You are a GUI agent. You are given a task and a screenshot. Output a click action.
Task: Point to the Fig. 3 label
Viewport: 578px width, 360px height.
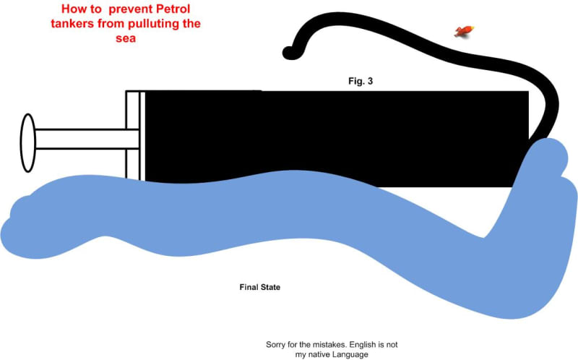point(361,81)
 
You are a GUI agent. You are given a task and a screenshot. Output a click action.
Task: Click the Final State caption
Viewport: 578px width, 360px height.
point(259,287)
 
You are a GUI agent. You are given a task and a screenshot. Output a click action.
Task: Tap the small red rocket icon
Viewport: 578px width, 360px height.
point(462,30)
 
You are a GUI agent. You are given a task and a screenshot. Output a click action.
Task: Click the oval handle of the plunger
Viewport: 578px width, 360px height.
point(28,142)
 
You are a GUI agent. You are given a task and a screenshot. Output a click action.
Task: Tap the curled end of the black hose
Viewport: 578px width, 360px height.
point(289,51)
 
